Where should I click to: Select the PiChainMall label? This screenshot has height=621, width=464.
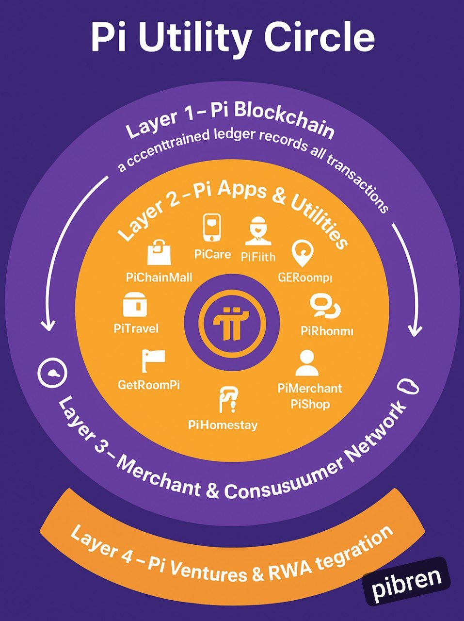(159, 278)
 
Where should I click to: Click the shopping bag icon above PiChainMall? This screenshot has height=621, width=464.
(159, 252)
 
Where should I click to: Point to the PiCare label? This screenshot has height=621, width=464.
(212, 254)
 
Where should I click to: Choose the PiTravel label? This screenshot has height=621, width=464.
(136, 328)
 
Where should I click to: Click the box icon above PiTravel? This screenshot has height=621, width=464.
(135, 305)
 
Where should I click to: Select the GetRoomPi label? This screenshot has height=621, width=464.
(149, 385)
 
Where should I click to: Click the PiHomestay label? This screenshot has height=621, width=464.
(223, 425)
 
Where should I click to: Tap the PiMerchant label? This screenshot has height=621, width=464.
(310, 388)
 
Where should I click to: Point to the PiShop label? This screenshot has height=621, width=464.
(310, 404)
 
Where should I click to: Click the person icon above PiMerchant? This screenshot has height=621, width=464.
(306, 363)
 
